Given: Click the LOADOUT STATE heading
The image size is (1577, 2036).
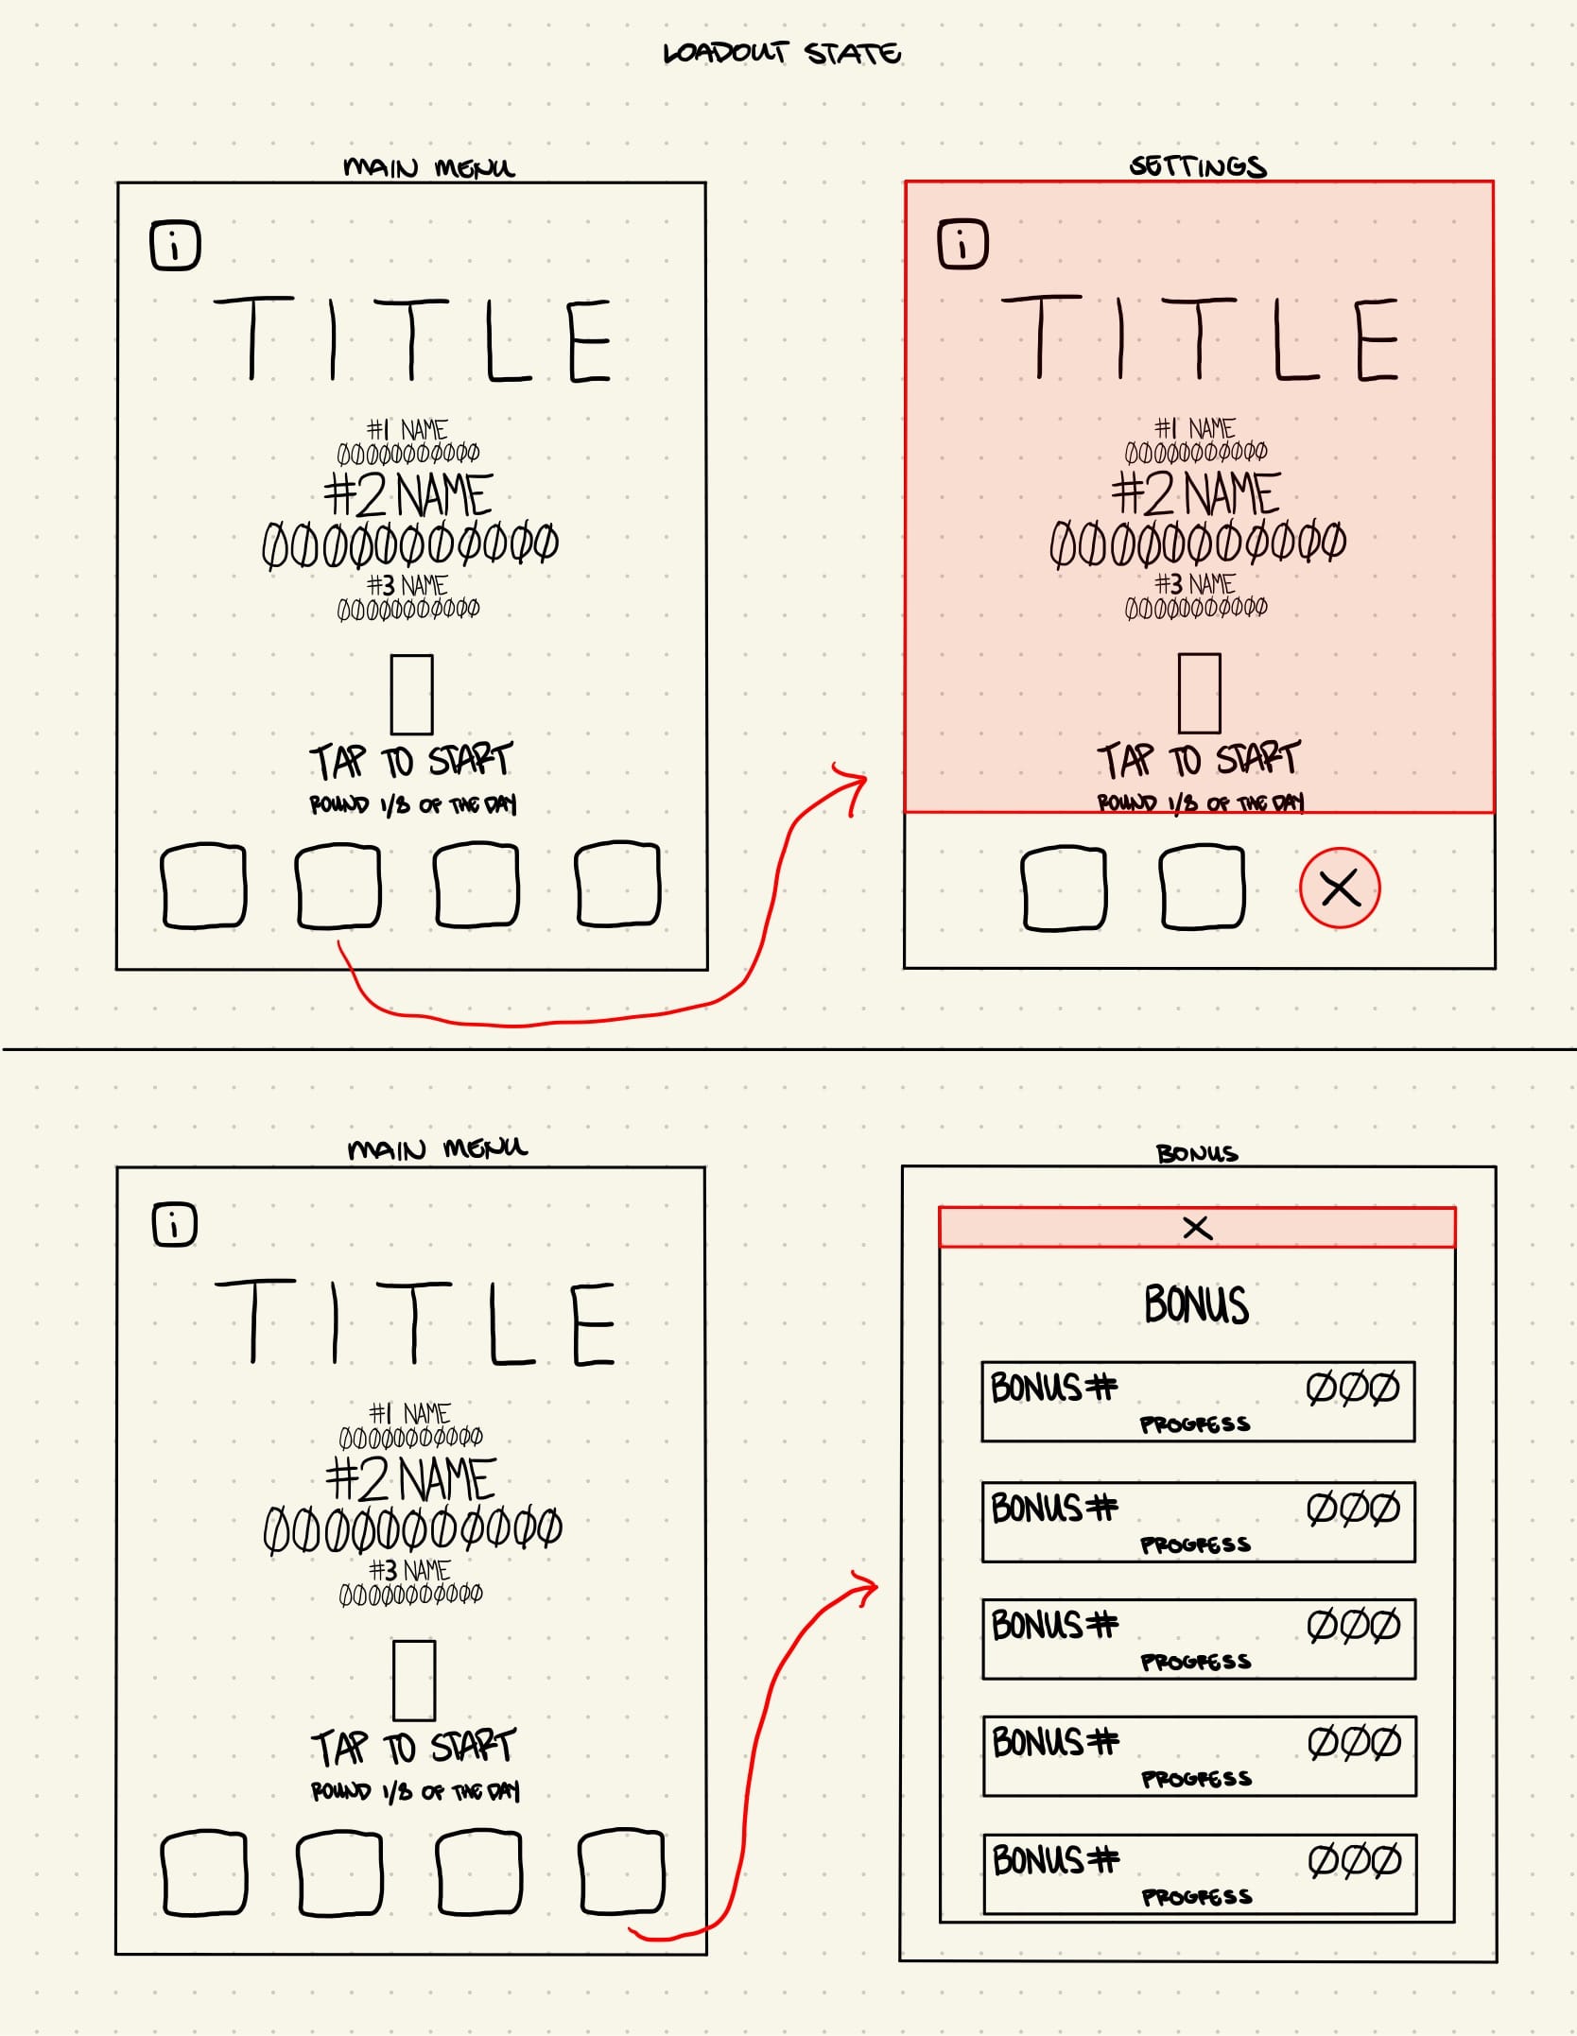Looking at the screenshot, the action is [x=782, y=53].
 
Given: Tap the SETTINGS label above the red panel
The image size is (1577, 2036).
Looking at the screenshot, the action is [x=1198, y=166].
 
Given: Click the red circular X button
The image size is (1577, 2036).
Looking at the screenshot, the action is [x=1340, y=888].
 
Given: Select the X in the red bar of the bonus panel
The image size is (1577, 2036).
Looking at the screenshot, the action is [x=1197, y=1228].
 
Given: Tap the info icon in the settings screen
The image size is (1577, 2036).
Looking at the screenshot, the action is [x=962, y=245].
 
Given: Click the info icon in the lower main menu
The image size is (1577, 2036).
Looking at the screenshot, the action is [x=175, y=1225].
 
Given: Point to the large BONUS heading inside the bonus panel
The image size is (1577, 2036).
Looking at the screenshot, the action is [x=1196, y=1304].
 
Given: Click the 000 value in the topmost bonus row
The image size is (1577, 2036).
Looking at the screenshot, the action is [x=1352, y=1389].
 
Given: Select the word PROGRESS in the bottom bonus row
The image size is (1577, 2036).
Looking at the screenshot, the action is [x=1197, y=1896].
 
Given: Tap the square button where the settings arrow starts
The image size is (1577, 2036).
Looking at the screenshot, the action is [x=338, y=886].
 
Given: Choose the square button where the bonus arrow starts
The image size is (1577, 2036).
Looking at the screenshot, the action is [x=621, y=1872].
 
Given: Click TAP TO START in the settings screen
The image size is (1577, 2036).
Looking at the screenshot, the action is [x=1199, y=759].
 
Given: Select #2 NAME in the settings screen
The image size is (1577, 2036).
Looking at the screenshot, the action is [x=1196, y=493].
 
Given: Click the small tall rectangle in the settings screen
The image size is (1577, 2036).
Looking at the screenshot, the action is [x=1199, y=693].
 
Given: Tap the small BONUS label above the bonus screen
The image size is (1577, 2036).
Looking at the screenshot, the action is [x=1197, y=1153].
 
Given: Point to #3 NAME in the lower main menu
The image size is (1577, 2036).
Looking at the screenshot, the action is [x=409, y=1570].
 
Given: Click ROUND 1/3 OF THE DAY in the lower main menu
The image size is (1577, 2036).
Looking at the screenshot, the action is [x=415, y=1791].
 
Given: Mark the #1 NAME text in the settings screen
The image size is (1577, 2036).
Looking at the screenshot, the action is [x=1195, y=428].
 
